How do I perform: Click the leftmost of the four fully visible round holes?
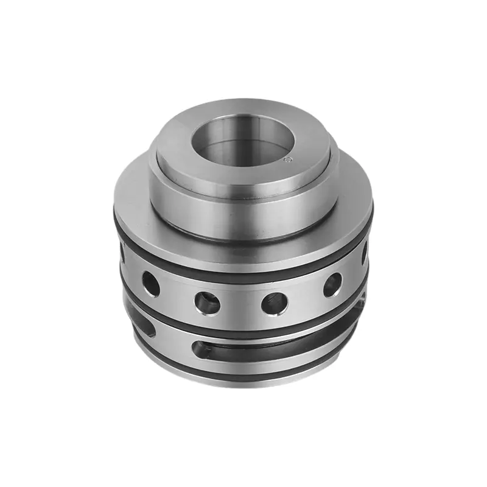150,282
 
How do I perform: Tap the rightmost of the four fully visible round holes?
332,283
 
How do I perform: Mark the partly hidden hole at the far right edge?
365,251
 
